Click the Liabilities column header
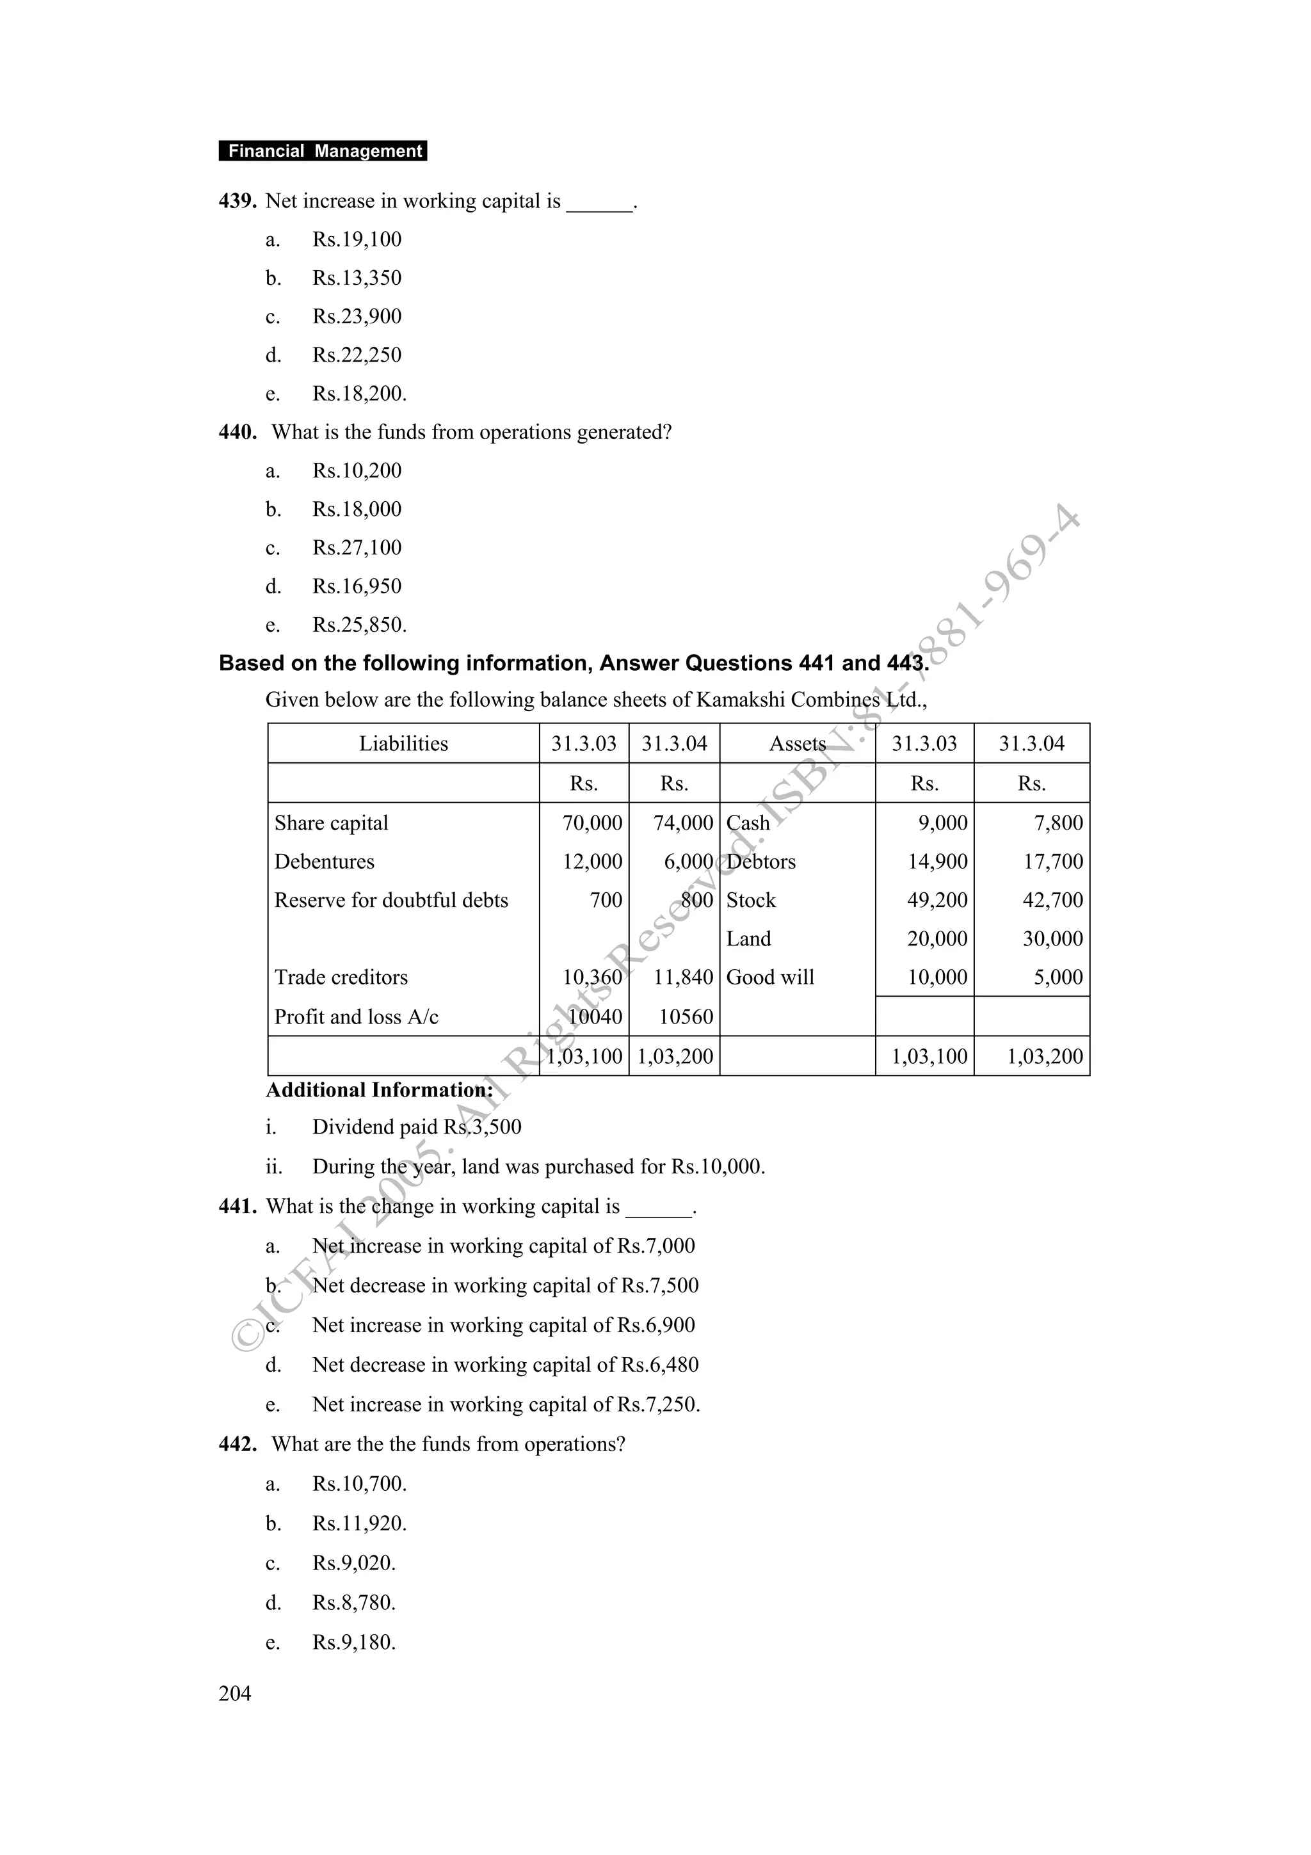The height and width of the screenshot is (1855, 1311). click(x=403, y=743)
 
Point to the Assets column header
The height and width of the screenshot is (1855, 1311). click(x=796, y=743)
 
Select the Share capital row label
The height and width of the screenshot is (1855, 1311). click(x=331, y=823)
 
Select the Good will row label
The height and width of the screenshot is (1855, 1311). click(x=770, y=977)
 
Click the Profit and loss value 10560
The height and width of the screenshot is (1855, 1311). click(x=685, y=1016)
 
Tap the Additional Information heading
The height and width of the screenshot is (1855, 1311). click(x=380, y=1090)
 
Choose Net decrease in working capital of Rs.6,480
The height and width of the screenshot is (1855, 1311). click(x=505, y=1365)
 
